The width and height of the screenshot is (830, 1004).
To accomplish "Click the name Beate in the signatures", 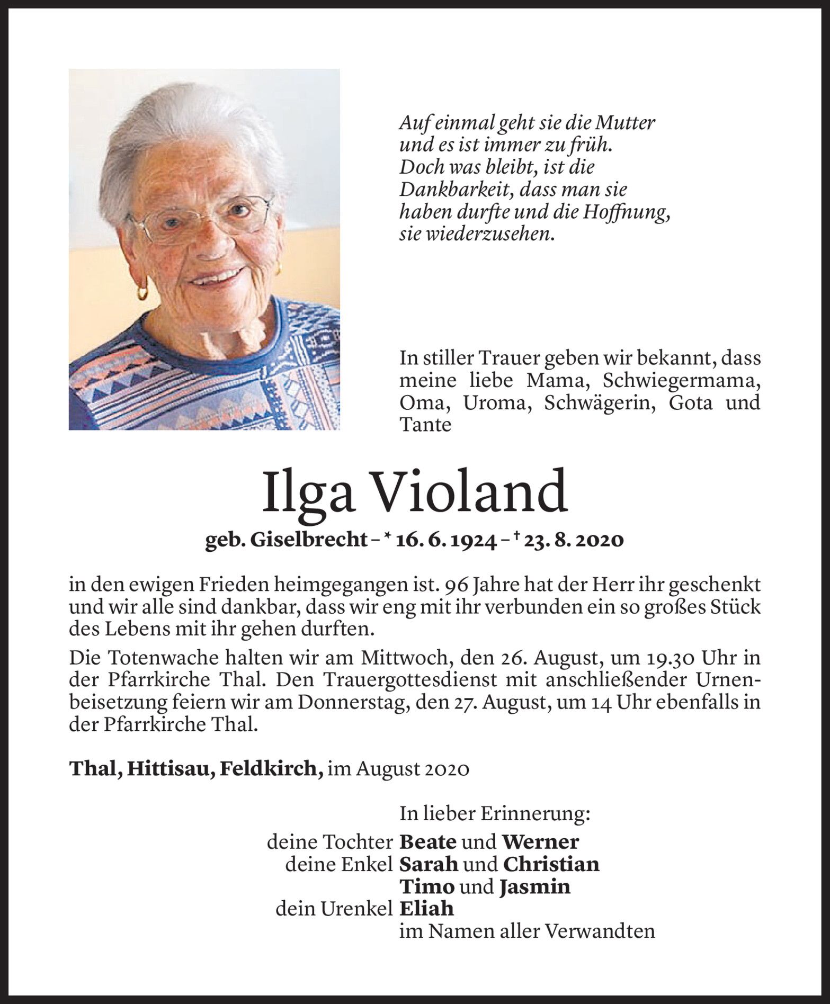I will [427, 841].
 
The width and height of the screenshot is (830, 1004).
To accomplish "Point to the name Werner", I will [540, 841].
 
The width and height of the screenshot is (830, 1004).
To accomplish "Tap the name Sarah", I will [428, 864].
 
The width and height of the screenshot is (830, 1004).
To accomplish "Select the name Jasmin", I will [534, 886].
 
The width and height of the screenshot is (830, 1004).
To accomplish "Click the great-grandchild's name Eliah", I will [426, 909].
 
